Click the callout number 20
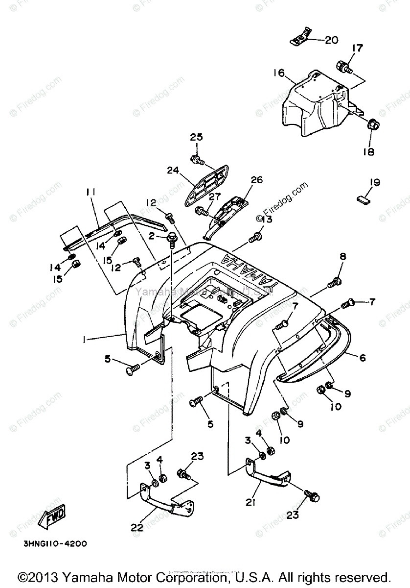331,40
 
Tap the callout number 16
278,73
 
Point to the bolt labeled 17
342,67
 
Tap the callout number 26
257,180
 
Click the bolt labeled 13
253,239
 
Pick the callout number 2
152,236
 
